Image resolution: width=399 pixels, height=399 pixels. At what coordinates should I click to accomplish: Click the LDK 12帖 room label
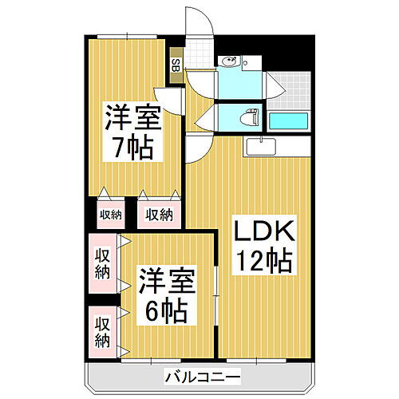pos(263,247)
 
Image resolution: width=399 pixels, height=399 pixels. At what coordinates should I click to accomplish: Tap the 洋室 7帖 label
pos(131,133)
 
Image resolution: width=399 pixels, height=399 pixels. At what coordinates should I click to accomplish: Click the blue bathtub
pos(288,120)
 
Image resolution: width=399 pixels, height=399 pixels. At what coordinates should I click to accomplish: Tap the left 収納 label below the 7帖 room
pos(111,214)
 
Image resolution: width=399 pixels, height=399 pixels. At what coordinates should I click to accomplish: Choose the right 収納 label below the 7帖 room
pos(159,214)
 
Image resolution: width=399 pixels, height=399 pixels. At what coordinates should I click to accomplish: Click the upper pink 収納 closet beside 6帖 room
pos(103,263)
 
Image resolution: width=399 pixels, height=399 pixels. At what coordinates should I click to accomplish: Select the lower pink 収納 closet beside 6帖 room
pos(103,330)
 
